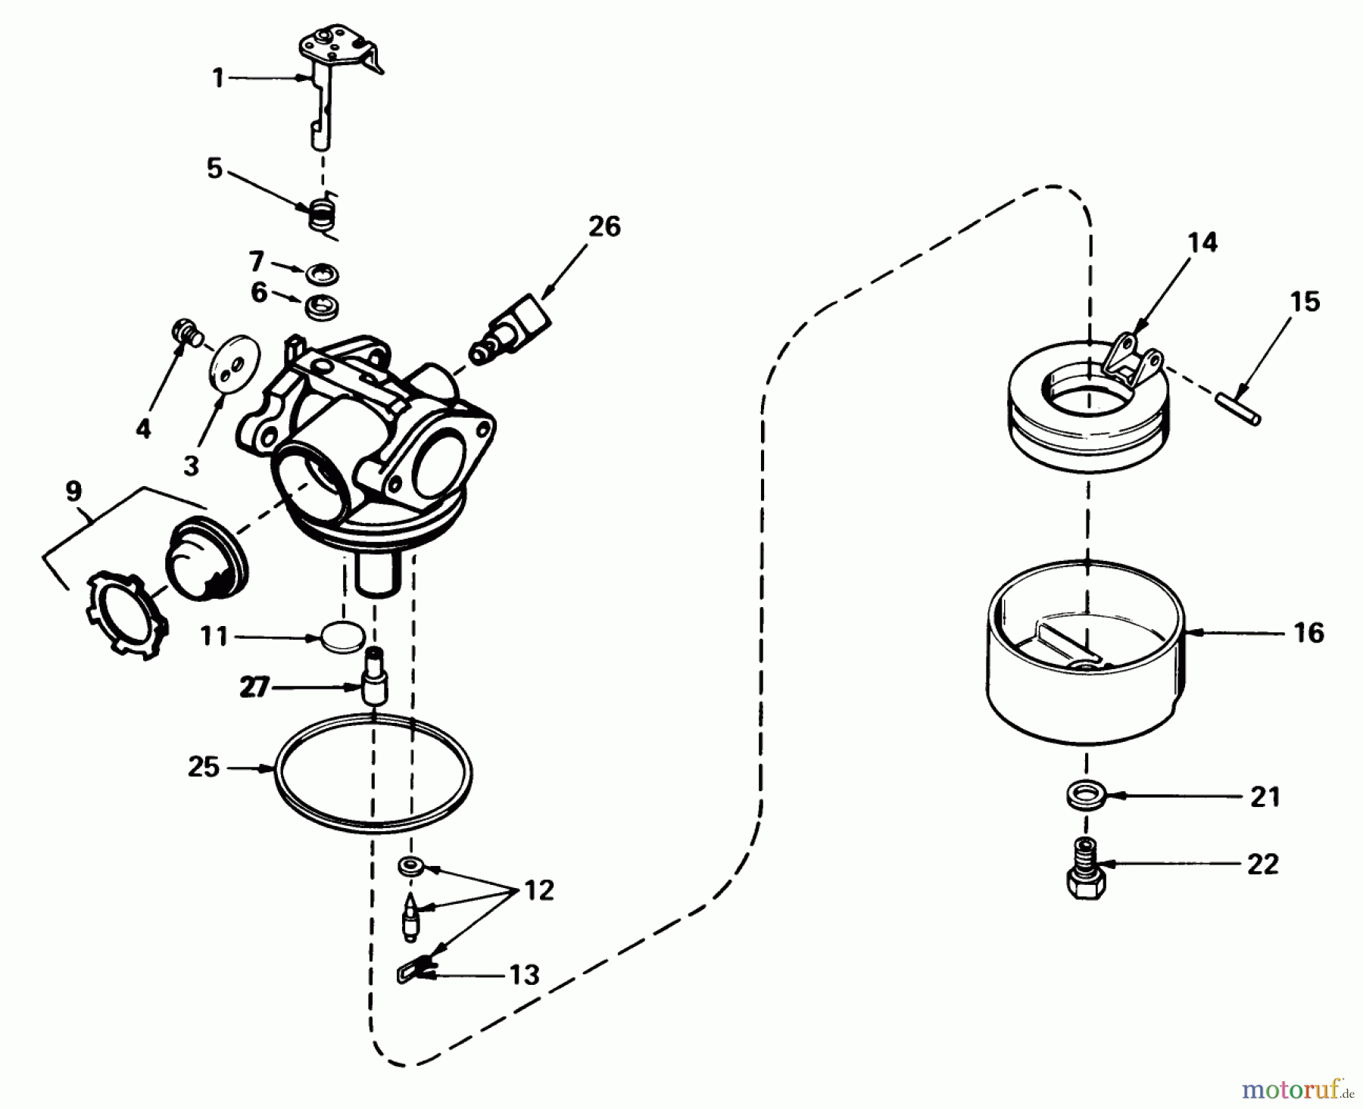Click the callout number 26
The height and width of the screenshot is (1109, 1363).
[604, 226]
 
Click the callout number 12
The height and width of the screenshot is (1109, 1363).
[538, 890]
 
